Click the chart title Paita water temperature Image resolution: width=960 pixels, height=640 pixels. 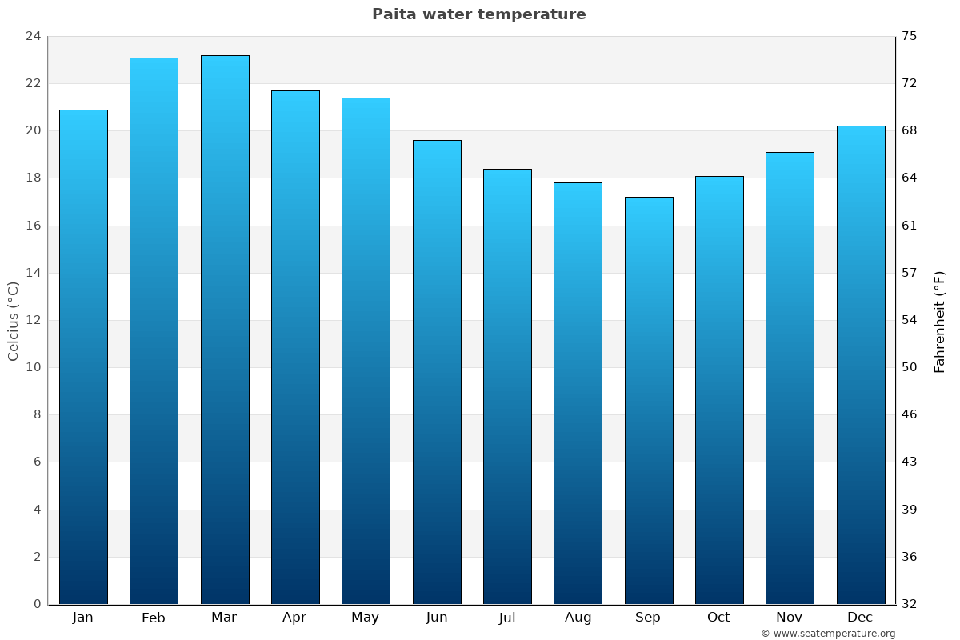click(x=478, y=14)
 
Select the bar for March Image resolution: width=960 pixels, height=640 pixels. click(x=225, y=330)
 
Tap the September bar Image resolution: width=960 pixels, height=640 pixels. click(x=649, y=400)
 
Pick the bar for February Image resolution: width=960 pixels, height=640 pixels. click(x=154, y=330)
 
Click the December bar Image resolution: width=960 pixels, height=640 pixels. click(x=861, y=365)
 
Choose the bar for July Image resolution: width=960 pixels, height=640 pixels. click(x=507, y=386)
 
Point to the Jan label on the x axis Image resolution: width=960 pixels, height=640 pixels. click(x=82, y=618)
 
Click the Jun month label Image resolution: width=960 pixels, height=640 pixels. click(x=437, y=618)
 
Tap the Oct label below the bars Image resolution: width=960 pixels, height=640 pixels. click(x=718, y=618)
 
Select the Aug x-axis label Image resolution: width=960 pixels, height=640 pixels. click(x=578, y=618)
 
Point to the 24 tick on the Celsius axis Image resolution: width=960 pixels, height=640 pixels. click(x=33, y=36)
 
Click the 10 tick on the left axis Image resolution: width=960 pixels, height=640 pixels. click(x=33, y=367)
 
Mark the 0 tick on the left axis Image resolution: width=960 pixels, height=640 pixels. click(x=37, y=604)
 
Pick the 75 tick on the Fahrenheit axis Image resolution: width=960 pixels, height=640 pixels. click(x=910, y=36)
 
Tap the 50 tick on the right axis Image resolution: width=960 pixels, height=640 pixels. click(x=910, y=367)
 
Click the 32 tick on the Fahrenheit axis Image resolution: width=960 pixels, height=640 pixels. click(x=910, y=604)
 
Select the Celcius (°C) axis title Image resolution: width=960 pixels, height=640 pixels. click(x=13, y=321)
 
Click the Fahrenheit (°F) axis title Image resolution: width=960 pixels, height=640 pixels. click(x=939, y=321)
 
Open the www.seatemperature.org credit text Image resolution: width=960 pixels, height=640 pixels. click(x=828, y=634)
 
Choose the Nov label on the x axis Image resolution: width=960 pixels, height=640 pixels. click(x=790, y=618)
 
